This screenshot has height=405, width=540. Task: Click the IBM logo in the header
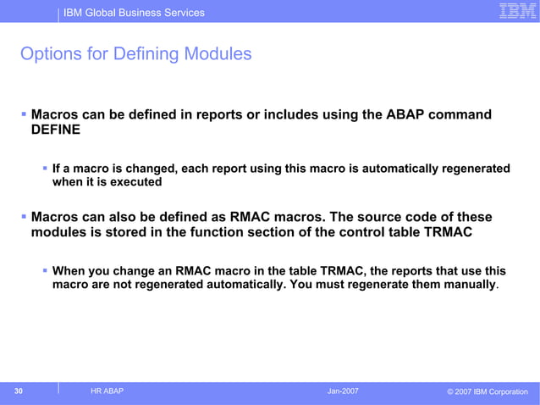click(x=515, y=11)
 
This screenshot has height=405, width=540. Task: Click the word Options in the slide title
click(x=48, y=54)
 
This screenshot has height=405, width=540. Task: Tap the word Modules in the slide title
click(x=218, y=54)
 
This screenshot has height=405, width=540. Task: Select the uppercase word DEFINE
click(x=57, y=130)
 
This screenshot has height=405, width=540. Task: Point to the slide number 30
click(x=18, y=391)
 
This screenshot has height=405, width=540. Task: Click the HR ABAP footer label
click(x=106, y=391)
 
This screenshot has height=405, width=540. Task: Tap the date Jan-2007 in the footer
click(x=343, y=391)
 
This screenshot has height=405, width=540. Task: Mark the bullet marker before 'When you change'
click(x=45, y=271)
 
